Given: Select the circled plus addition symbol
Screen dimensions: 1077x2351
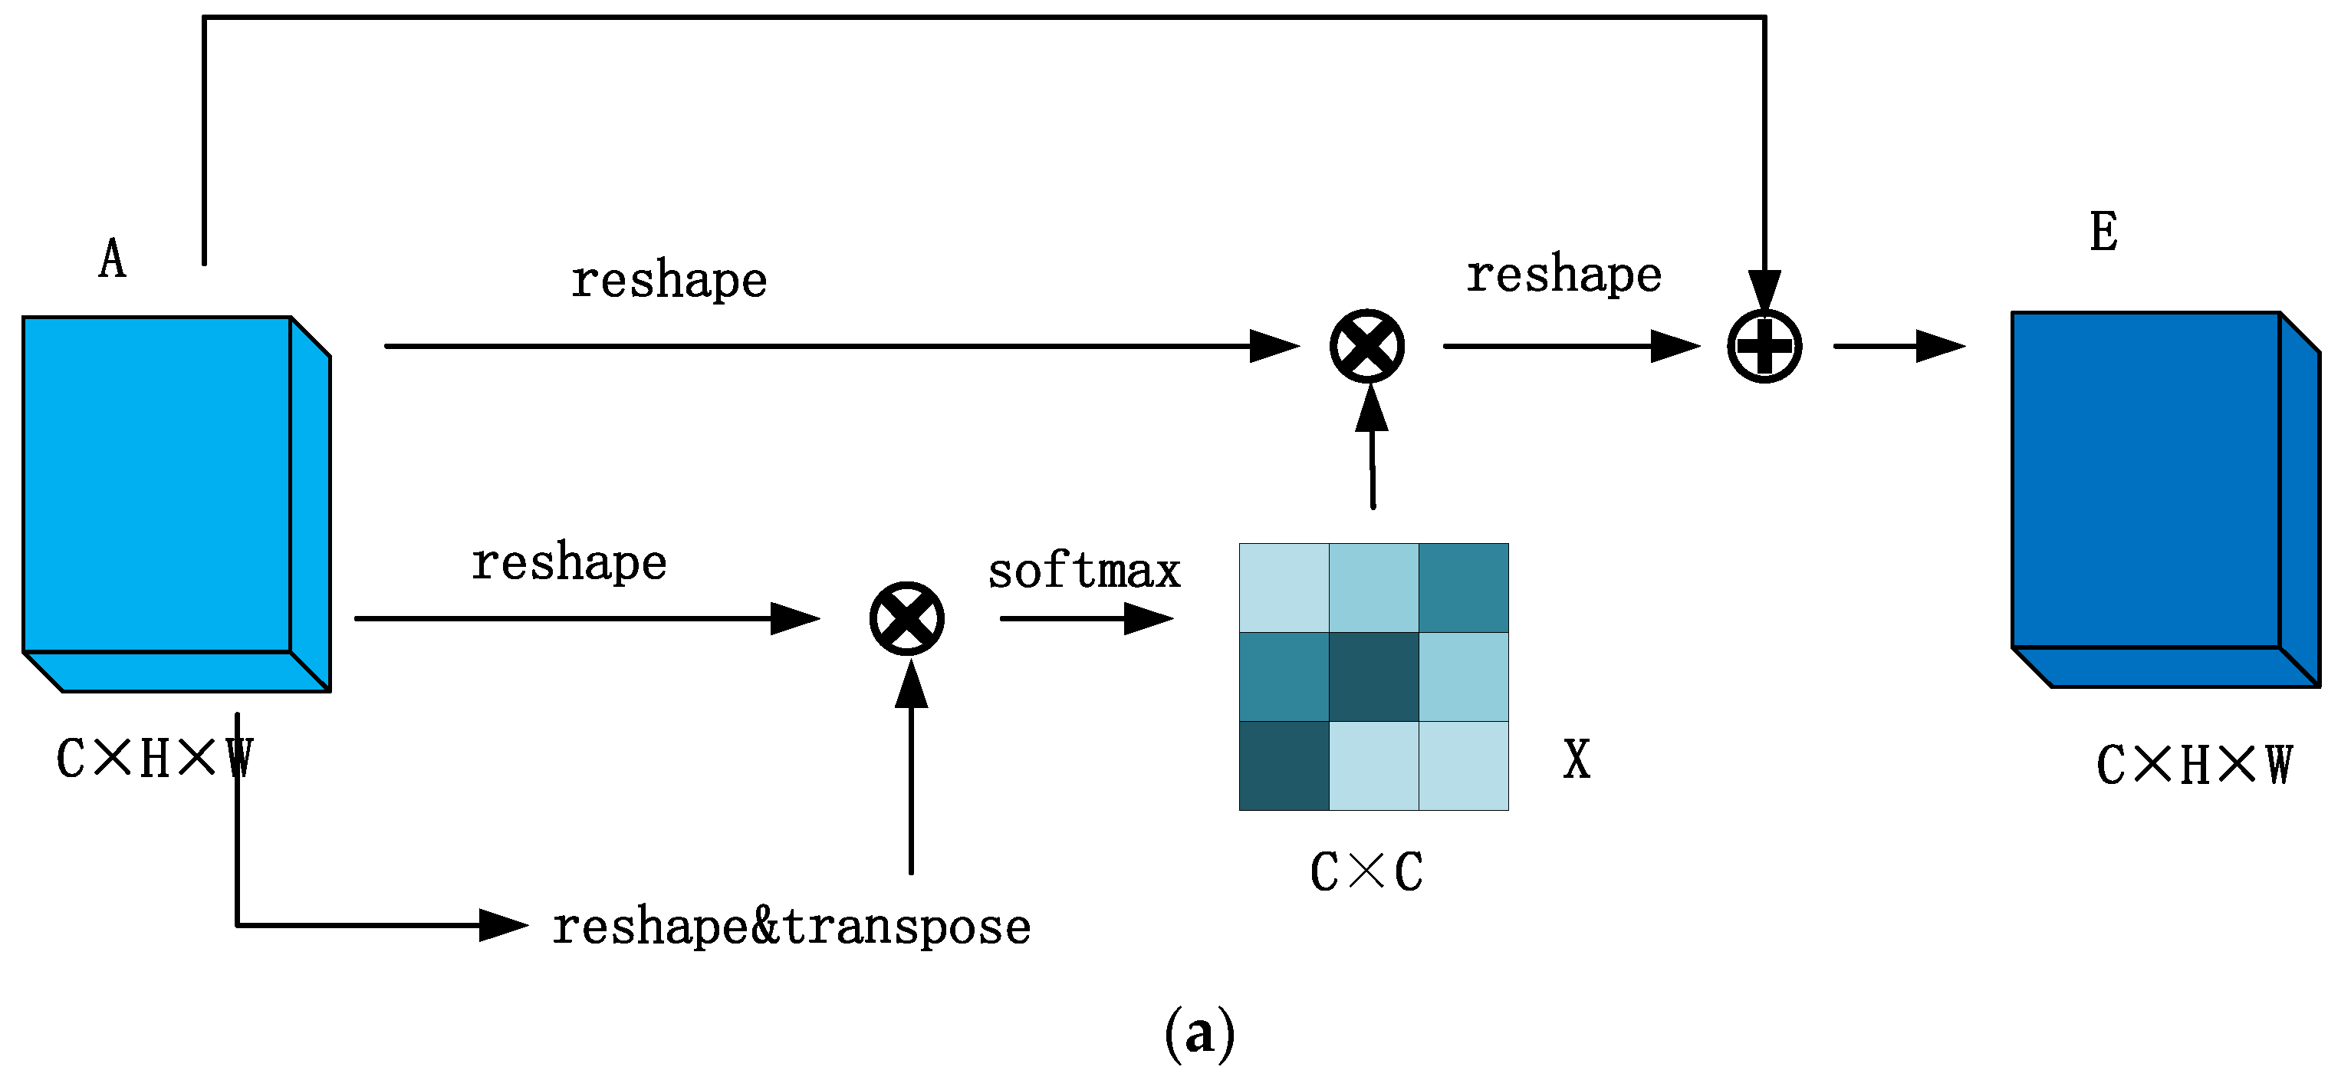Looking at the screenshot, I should click(1764, 346).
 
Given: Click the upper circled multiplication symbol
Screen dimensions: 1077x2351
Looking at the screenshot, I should click(1366, 346).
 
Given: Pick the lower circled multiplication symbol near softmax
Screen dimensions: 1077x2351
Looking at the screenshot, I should click(906, 618).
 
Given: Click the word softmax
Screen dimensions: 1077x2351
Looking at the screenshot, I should click(1083, 571).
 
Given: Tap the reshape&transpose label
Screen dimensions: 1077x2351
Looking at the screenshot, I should click(791, 927).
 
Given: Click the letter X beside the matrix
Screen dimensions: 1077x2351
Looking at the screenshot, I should click(1577, 759).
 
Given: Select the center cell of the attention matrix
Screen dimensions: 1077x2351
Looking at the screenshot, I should click(1373, 677).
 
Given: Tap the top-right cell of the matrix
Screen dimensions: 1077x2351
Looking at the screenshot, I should click(1462, 588).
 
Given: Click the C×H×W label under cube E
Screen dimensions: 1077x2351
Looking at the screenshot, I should click(2193, 764).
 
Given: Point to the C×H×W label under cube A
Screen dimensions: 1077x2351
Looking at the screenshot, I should click(153, 758).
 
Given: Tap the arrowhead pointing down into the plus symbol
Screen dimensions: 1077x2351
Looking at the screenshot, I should click(1764, 292).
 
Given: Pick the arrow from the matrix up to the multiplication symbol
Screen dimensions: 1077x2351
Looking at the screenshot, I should click(1372, 447).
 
